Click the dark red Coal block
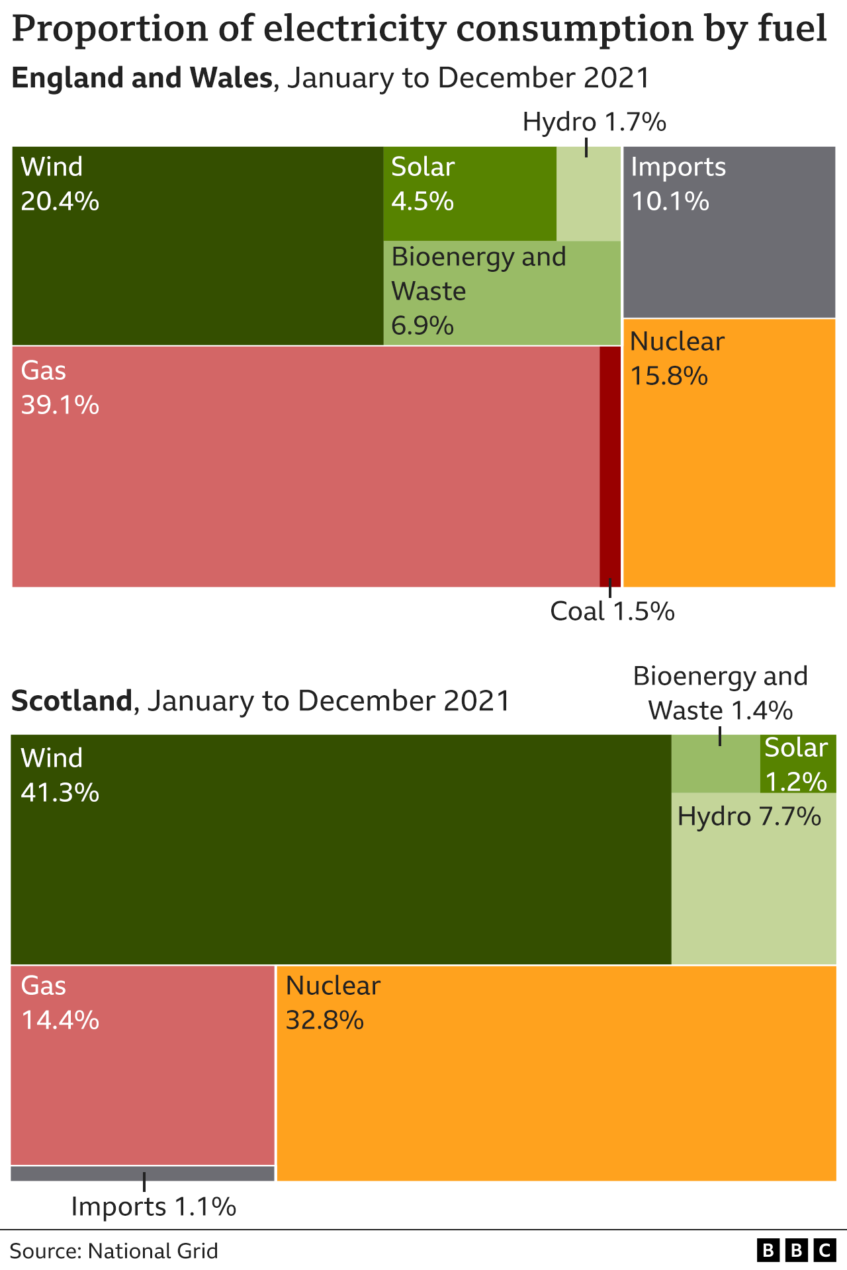pos(610,466)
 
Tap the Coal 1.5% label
pos(612,612)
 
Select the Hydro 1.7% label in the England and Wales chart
pos(594,122)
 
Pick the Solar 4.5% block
pos(470,193)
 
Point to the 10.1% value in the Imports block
pos(670,201)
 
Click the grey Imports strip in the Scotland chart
pos(142,1173)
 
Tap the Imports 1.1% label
pos(154,1207)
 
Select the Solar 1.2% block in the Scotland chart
pos(797,764)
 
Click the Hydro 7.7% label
pos(749,817)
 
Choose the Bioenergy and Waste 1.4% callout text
pos(721,693)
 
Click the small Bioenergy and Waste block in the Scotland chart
pos(715,764)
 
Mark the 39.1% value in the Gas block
pos(60,405)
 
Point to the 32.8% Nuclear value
pos(324,1021)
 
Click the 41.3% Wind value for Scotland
pos(60,792)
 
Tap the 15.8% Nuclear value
pos(668,376)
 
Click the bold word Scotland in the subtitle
pos(71,701)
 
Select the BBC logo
pos(795,1250)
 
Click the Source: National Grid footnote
pos(114,1251)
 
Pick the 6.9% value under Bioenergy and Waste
pos(422,326)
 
